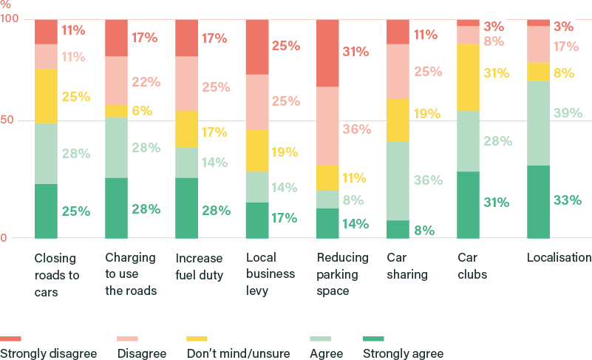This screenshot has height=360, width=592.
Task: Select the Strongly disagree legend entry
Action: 48,353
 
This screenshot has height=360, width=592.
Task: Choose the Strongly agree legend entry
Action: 403,353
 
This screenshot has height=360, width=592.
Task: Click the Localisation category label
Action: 559,258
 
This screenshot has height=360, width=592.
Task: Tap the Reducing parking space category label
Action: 342,274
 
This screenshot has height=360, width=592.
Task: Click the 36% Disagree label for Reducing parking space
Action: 356,129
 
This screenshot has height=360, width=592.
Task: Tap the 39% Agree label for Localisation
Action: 568,113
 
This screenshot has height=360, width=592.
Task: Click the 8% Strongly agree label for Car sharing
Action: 423,230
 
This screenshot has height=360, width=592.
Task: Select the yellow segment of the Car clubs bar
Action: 468,77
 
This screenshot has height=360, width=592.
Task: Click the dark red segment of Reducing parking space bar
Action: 327,52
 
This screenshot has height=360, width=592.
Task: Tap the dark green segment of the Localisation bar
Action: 537,202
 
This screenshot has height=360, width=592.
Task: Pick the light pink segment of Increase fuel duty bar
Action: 187,84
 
